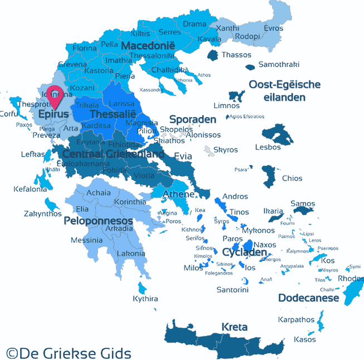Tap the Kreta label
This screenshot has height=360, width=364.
(234, 327)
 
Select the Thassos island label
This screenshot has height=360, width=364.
(236, 55)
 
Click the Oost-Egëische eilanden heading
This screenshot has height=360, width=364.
(284, 91)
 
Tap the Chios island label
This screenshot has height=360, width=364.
(292, 179)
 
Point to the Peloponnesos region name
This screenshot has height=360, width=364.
(98, 221)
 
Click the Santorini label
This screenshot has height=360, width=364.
(232, 290)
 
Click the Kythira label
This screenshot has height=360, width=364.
(145, 299)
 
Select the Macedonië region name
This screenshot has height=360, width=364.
(148, 45)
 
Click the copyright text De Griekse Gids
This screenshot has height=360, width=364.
(69, 352)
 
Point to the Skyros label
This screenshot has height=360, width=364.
(225, 150)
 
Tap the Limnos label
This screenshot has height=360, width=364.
(227, 106)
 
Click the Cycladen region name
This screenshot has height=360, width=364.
(245, 252)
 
